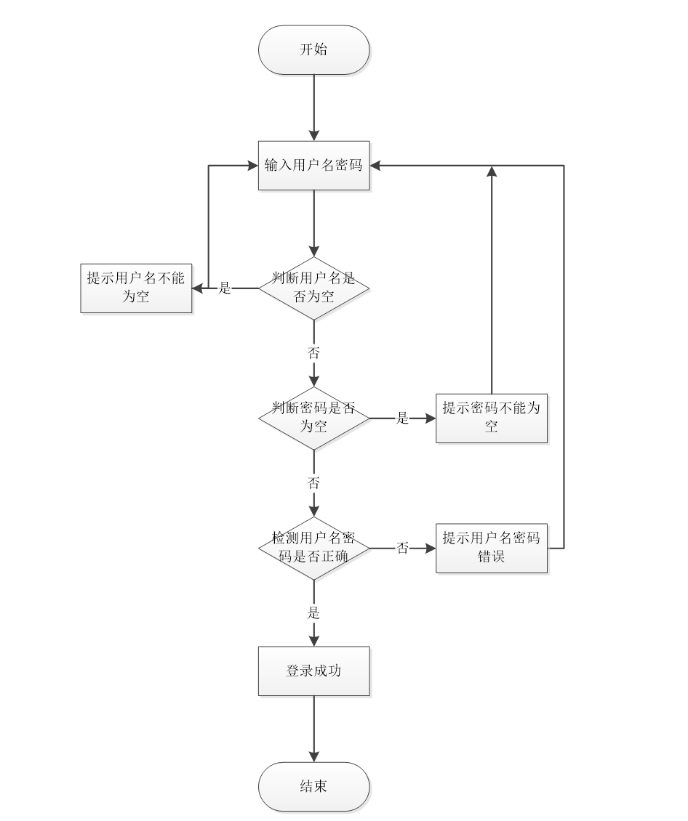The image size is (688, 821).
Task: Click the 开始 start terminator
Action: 314,50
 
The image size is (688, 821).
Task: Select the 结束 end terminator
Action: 314,787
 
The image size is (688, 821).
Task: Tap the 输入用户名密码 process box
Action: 314,166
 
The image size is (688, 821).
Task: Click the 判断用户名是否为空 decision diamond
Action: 314,288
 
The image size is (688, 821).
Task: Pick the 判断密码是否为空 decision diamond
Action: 314,418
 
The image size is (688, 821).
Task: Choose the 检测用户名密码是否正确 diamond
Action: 314,548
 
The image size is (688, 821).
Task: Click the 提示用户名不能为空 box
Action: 136,288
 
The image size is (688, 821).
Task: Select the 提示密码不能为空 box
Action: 492,418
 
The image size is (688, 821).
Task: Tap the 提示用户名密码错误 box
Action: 492,548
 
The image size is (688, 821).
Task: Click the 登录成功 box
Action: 314,671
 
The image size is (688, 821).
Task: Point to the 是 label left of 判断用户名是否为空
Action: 225,288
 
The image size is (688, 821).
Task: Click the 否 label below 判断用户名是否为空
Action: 314,353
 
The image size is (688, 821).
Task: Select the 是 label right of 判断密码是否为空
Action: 402,418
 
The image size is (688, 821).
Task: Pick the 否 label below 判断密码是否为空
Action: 314,483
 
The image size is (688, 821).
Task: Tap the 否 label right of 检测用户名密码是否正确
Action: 402,549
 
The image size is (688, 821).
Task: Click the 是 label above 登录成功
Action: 314,613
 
